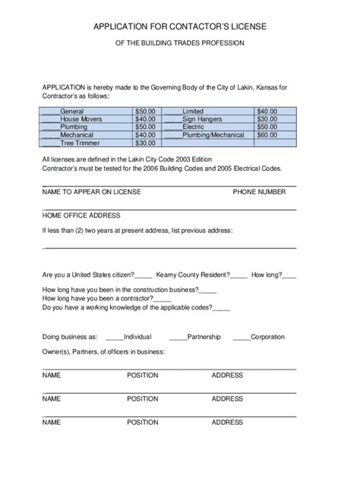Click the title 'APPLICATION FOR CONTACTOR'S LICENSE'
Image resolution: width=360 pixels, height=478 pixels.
[x=180, y=27]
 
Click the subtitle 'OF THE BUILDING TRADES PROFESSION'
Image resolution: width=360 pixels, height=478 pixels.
[x=180, y=43]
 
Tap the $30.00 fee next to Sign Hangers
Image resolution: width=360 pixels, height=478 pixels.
[x=267, y=119]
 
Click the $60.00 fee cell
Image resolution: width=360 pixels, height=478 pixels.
[x=267, y=135]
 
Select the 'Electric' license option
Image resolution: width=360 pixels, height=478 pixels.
[x=194, y=127]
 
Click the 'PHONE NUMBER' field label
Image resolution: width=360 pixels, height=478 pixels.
[x=259, y=193]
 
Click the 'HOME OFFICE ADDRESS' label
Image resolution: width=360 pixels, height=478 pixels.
[x=81, y=215]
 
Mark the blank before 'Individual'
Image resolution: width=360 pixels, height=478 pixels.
[x=114, y=337]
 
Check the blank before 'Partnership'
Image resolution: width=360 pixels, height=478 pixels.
[x=178, y=337]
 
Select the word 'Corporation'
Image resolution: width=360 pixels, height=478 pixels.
[x=267, y=337]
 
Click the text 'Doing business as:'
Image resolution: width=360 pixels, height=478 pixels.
[x=70, y=337]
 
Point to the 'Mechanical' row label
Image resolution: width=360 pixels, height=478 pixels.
[x=77, y=135]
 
